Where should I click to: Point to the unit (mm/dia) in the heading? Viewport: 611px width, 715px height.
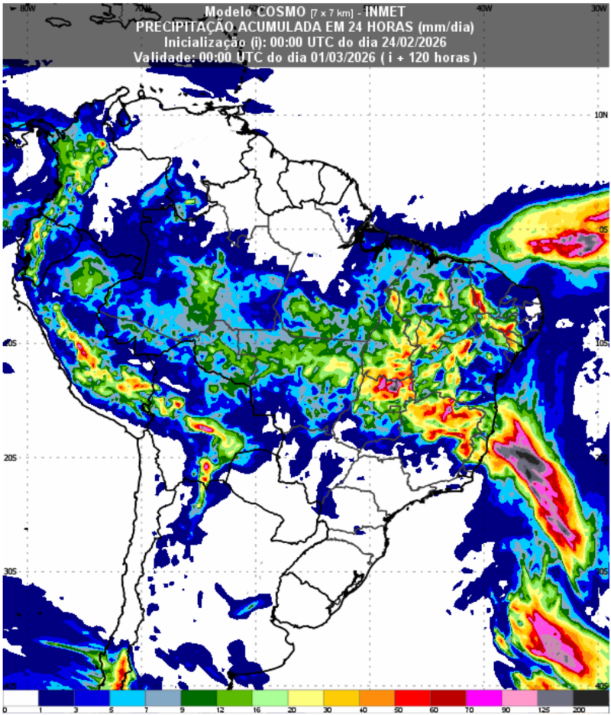(x=444, y=27)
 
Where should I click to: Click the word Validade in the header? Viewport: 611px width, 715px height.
(x=164, y=57)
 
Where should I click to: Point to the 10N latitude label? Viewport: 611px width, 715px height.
(x=600, y=115)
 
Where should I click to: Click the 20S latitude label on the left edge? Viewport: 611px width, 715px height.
(x=10, y=457)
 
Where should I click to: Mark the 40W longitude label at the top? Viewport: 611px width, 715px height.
(x=482, y=8)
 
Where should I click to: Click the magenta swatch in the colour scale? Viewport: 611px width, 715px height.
(x=484, y=698)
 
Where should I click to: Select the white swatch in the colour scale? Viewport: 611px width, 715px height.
(x=20, y=698)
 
